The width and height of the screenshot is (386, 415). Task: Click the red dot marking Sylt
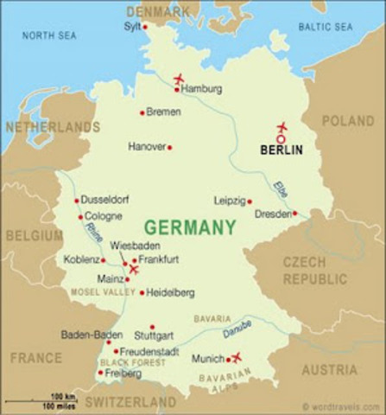(x=145, y=27)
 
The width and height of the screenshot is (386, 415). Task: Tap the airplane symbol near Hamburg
(x=179, y=80)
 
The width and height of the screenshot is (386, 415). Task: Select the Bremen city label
(x=163, y=112)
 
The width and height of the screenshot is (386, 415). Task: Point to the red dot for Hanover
(x=169, y=147)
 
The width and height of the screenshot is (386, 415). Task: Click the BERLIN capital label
(x=282, y=150)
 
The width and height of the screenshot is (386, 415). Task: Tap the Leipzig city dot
(x=250, y=201)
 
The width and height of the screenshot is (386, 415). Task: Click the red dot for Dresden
(x=294, y=213)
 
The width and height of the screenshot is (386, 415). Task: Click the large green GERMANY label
(x=189, y=227)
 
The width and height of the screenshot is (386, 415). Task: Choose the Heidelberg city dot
(x=142, y=293)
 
